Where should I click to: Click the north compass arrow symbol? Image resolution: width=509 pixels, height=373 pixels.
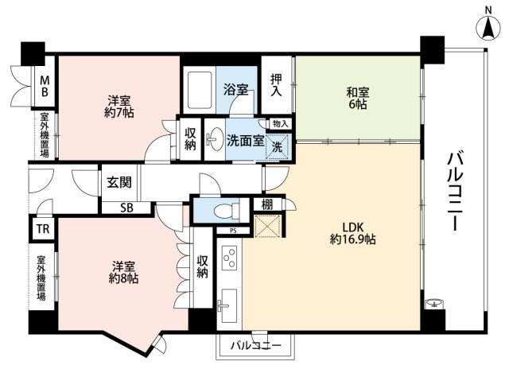(x=488, y=28)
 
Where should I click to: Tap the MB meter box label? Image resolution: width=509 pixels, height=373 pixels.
(x=45, y=86)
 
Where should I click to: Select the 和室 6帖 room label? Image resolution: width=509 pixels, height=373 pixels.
(x=357, y=99)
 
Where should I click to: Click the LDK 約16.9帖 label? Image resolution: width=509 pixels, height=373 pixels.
(x=353, y=233)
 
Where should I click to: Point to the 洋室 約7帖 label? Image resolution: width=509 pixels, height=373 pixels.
(x=119, y=106)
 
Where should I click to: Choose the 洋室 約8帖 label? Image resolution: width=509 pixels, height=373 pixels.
(x=124, y=272)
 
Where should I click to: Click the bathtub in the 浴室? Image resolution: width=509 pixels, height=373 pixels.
(x=200, y=90)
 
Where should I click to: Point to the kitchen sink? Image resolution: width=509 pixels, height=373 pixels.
(x=229, y=306)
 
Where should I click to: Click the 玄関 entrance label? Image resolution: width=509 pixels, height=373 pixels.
(x=119, y=182)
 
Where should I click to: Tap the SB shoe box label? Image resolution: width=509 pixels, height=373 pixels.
(x=126, y=208)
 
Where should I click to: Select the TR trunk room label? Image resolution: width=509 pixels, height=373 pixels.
(x=43, y=229)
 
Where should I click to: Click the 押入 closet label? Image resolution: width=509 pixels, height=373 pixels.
(x=276, y=85)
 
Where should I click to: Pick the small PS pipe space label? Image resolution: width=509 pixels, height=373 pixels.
(x=233, y=231)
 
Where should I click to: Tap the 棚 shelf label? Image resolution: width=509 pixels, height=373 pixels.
(x=267, y=204)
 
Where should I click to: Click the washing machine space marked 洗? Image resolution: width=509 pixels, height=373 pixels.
(x=278, y=146)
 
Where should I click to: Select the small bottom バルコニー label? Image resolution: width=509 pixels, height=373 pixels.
(x=256, y=345)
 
